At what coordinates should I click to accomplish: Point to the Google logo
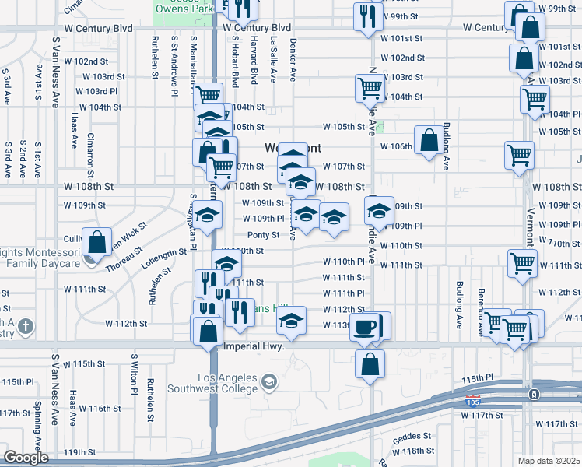coord(26,458)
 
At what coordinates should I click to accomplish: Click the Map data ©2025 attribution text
coord(549,461)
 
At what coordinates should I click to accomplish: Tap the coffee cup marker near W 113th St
coord(363,327)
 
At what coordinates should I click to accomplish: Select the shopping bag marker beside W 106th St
coord(429,141)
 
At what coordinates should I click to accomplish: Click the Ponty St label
coord(263,235)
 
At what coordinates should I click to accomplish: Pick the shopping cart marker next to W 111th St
coord(522,263)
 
